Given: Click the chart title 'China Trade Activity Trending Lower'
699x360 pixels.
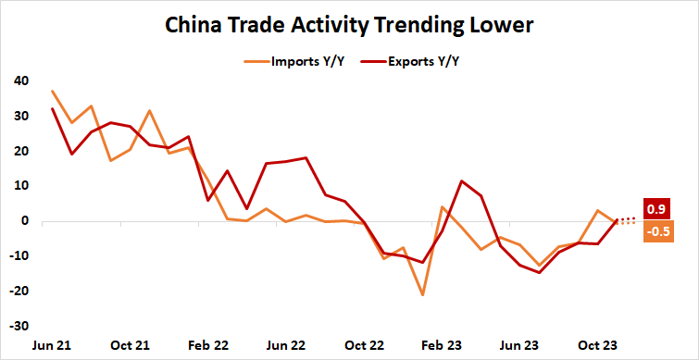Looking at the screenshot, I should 349,25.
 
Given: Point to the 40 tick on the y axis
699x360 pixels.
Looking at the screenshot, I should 19,81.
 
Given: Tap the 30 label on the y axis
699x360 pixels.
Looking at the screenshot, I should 19,116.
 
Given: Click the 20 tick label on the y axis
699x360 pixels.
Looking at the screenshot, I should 19,151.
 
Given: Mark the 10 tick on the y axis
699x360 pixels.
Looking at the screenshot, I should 19,186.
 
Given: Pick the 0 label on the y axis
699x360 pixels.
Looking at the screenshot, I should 23,221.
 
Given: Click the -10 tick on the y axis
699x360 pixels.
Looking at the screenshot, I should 18,256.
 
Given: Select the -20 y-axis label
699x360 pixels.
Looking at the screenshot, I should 18,292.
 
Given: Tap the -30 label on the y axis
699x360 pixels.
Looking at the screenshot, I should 18,327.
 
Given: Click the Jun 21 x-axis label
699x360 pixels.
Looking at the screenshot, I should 52,344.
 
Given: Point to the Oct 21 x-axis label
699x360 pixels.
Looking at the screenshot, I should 131,344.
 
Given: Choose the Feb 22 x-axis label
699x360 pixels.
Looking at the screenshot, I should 208,344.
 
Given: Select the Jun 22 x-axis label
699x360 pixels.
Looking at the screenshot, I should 286,344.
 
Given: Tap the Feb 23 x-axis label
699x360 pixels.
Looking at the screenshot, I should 443,344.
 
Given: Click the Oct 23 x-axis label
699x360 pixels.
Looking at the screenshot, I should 598,344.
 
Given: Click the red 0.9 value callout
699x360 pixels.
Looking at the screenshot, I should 657,209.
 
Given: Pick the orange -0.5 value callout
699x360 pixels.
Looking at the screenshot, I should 657,231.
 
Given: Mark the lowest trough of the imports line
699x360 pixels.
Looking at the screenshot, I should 422,295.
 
